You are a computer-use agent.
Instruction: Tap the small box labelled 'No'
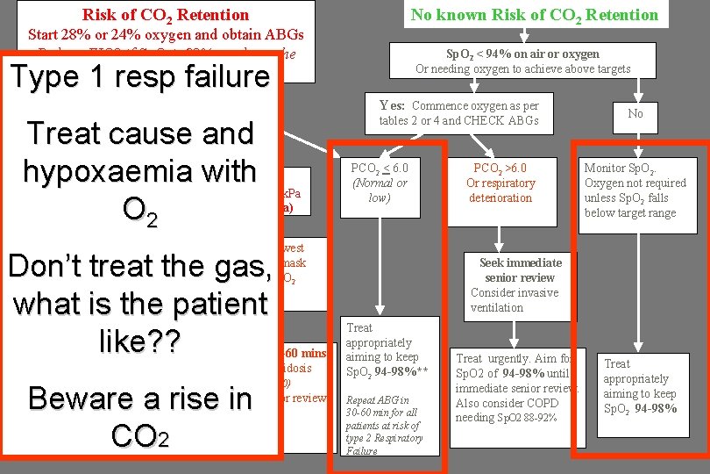635,113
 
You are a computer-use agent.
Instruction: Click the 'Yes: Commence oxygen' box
458,113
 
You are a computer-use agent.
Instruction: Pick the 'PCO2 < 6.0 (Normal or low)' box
379,183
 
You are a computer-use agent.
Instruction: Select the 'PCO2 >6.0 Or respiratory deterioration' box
501,183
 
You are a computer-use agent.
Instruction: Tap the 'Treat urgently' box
516,387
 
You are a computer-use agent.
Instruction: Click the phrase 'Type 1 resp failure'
141,76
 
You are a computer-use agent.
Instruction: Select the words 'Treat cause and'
141,133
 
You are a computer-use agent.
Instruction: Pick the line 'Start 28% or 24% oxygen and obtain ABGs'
167,35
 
